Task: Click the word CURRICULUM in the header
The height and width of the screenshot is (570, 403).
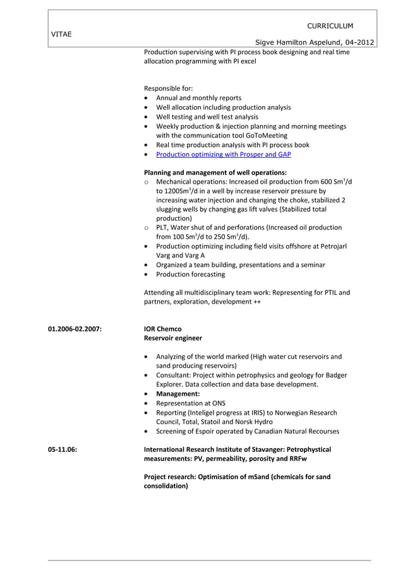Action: pos(330,26)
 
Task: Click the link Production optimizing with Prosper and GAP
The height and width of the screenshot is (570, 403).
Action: pos(223,154)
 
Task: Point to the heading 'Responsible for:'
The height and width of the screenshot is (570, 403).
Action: pos(168,88)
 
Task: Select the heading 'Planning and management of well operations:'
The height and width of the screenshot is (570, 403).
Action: pos(215,172)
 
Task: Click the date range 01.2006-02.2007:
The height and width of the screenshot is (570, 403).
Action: pos(75,329)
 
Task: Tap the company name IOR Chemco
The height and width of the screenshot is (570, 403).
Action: pos(162,329)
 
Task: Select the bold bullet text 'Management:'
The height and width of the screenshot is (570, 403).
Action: pos(177,393)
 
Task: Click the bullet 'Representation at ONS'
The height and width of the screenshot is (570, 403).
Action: pos(190,403)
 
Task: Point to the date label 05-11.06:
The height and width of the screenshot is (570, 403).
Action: pos(63,449)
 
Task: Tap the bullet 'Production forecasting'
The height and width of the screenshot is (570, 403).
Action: pos(190,275)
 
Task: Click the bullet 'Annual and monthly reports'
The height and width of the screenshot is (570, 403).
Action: pos(198,98)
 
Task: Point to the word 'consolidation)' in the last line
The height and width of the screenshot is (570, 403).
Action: pos(165,486)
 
